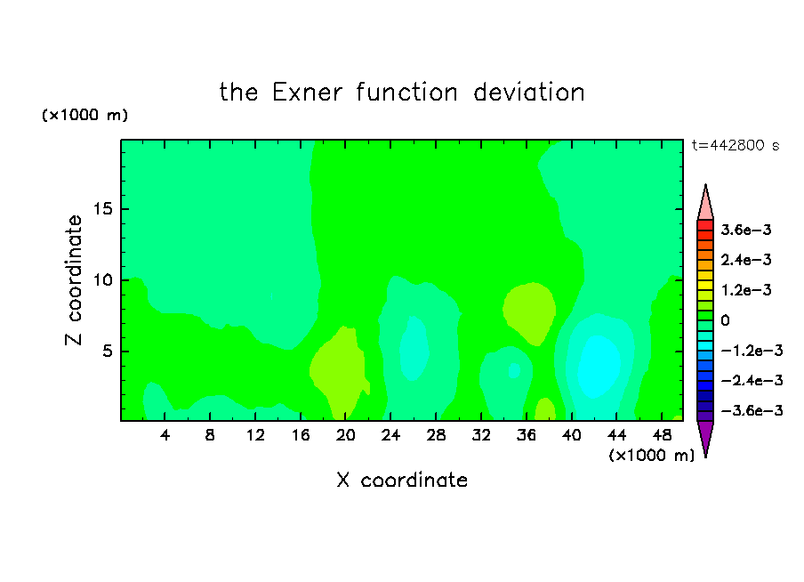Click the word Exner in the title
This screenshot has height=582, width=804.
point(307,93)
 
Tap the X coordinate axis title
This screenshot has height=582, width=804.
point(402,481)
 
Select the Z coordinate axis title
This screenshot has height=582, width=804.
point(74,280)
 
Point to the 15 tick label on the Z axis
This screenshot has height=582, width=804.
point(102,209)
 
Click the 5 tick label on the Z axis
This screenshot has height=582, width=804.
point(107,351)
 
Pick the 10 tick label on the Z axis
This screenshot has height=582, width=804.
point(102,280)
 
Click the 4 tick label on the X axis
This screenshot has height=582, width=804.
point(165,436)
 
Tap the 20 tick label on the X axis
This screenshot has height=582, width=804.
point(346,436)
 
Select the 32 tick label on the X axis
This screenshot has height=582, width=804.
point(481,436)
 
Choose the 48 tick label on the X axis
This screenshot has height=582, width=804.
point(662,436)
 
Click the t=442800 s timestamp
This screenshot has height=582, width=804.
point(736,146)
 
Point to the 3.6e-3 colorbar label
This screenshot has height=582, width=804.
point(746,230)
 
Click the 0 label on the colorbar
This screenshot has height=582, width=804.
point(725,320)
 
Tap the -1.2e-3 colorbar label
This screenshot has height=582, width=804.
point(752,351)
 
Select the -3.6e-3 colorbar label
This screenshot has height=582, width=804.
point(752,410)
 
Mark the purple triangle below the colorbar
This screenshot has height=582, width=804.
point(705,437)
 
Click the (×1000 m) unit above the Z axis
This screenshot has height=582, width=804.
point(84,115)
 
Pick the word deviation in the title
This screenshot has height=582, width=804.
point(529,93)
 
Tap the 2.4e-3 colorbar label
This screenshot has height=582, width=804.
point(746,260)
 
